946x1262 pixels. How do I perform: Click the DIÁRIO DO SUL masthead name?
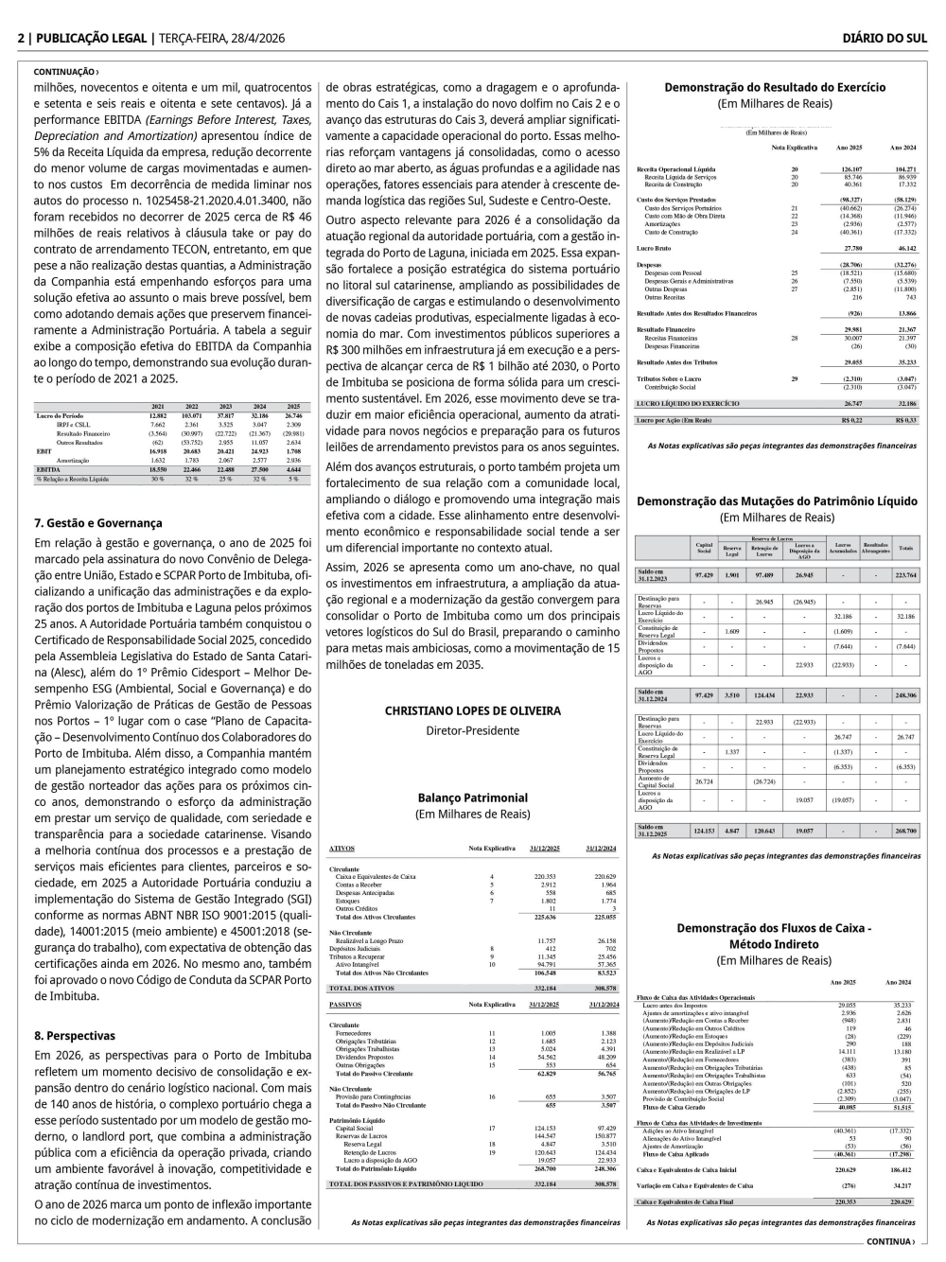[885, 38]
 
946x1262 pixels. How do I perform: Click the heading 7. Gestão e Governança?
[97, 523]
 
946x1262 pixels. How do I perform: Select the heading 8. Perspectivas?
[75, 1036]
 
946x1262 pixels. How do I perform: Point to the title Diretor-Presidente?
[472, 730]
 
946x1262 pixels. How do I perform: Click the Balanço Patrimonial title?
[472, 798]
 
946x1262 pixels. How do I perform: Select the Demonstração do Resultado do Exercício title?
[775, 87]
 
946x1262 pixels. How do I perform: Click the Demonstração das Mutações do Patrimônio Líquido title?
[777, 501]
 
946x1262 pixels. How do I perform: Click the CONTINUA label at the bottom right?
[889, 1242]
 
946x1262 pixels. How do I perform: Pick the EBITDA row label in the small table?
[48, 469]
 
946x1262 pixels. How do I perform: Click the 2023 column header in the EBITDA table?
[225, 407]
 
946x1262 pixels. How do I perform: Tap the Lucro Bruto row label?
[655, 247]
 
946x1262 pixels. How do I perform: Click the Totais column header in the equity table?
[905, 548]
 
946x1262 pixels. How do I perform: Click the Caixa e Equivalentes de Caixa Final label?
[684, 1202]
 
